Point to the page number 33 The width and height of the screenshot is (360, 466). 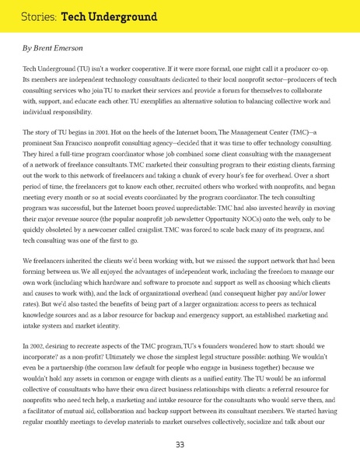[180, 444]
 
